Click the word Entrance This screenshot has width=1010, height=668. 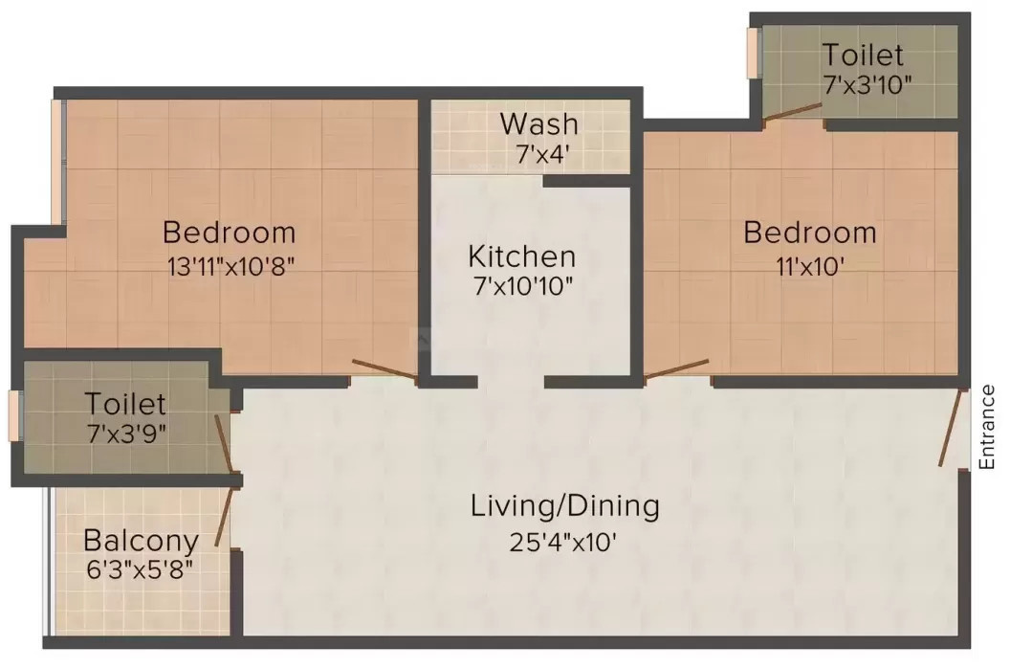coord(987,427)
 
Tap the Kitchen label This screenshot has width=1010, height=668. coord(522,256)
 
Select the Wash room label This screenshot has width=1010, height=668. coord(539,123)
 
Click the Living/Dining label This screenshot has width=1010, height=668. coord(565,506)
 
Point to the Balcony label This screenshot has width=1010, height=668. coord(141,541)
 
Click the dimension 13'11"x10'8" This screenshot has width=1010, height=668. coord(231,266)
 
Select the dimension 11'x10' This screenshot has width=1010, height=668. coord(810,266)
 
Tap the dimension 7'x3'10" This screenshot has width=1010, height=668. coord(867,85)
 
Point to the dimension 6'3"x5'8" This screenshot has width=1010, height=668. coord(140,569)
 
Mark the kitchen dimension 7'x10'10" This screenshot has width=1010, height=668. coord(523,285)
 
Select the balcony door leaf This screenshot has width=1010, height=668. coord(224,517)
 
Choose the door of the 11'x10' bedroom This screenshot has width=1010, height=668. coord(676,369)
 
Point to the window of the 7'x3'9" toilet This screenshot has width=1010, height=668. coord(14,415)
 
